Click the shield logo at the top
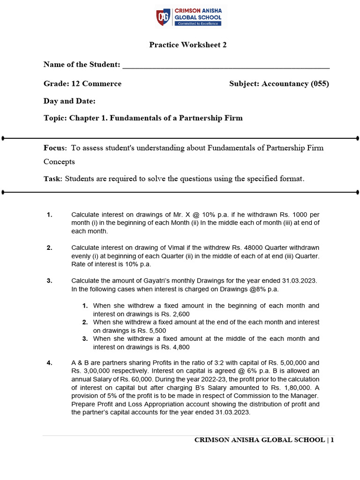point(164,16)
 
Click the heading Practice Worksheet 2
point(181,45)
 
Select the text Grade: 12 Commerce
point(82,84)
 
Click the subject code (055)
point(320,84)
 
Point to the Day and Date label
point(69,101)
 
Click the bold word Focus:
point(55,148)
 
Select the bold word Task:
point(53,179)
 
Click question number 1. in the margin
point(50,215)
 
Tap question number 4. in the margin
point(50,363)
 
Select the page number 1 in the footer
point(332,440)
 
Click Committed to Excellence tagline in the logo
point(197,23)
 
